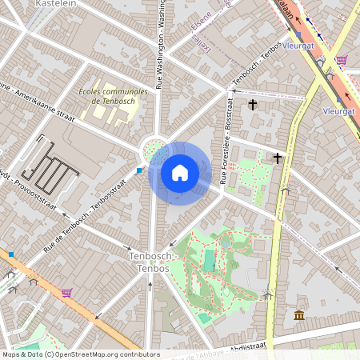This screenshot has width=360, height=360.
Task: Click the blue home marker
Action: [x=180, y=173]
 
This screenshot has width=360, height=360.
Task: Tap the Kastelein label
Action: [x=55, y=4]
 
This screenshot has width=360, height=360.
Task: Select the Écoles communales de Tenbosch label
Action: [x=114, y=96]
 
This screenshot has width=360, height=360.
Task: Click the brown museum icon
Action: [x=298, y=315]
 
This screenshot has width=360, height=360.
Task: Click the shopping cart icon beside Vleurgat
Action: [x=342, y=60]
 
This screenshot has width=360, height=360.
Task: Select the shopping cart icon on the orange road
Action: [x=66, y=293]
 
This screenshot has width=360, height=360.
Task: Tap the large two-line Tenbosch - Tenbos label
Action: [x=150, y=262]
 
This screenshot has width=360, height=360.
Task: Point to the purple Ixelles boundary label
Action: [x=201, y=46]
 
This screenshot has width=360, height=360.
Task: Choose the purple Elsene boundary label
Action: [x=201, y=30]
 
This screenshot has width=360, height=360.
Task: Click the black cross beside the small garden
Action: [x=278, y=158]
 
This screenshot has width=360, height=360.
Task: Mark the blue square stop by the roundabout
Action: [x=139, y=170]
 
